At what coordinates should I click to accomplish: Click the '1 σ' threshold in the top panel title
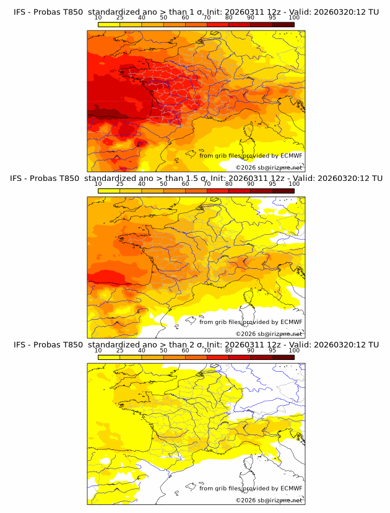coord(191,12)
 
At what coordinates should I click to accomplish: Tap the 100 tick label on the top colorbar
coord(294,17)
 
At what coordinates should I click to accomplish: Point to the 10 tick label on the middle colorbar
coord(98,184)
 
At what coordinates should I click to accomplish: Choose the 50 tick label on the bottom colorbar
coord(163,350)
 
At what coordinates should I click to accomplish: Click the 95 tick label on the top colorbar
coord(272,17)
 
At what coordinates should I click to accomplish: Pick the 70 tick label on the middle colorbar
coord(207,184)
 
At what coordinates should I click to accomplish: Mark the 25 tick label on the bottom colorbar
coord(119,350)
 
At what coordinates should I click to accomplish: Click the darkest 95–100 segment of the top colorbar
coord(283,24)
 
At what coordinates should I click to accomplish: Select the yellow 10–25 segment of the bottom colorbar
coord(109,357)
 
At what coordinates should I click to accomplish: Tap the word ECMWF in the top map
coord(292,156)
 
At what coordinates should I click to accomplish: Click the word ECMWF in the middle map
coord(292,322)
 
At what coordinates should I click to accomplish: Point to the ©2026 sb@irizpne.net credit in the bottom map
coord(269,500)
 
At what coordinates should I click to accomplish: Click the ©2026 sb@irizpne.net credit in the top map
coord(269,167)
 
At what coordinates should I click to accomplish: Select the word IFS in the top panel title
coord(19,12)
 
